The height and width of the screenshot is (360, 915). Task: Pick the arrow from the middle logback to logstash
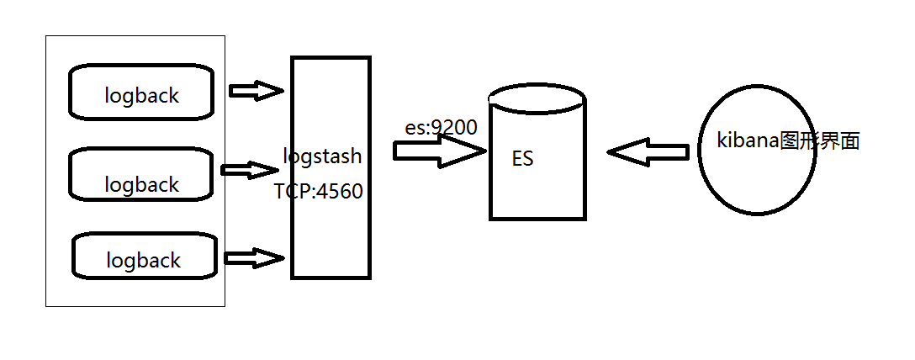pyautogui.click(x=249, y=170)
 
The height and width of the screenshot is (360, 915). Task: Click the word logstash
pyautogui.click(x=322, y=156)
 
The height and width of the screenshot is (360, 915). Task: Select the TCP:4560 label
pyautogui.click(x=318, y=192)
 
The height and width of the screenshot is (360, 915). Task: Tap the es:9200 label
pyautogui.click(x=441, y=128)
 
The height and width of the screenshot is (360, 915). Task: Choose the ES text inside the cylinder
pyautogui.click(x=522, y=159)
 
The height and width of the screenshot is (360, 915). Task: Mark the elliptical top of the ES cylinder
pyautogui.click(x=537, y=96)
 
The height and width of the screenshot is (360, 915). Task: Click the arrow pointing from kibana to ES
pyautogui.click(x=648, y=152)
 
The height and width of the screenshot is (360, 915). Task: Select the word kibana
pyautogui.click(x=748, y=140)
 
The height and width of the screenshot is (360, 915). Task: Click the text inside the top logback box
pyautogui.click(x=142, y=96)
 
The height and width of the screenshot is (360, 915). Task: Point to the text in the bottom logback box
pyautogui.click(x=144, y=261)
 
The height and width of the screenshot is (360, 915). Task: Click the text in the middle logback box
pyautogui.click(x=142, y=184)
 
